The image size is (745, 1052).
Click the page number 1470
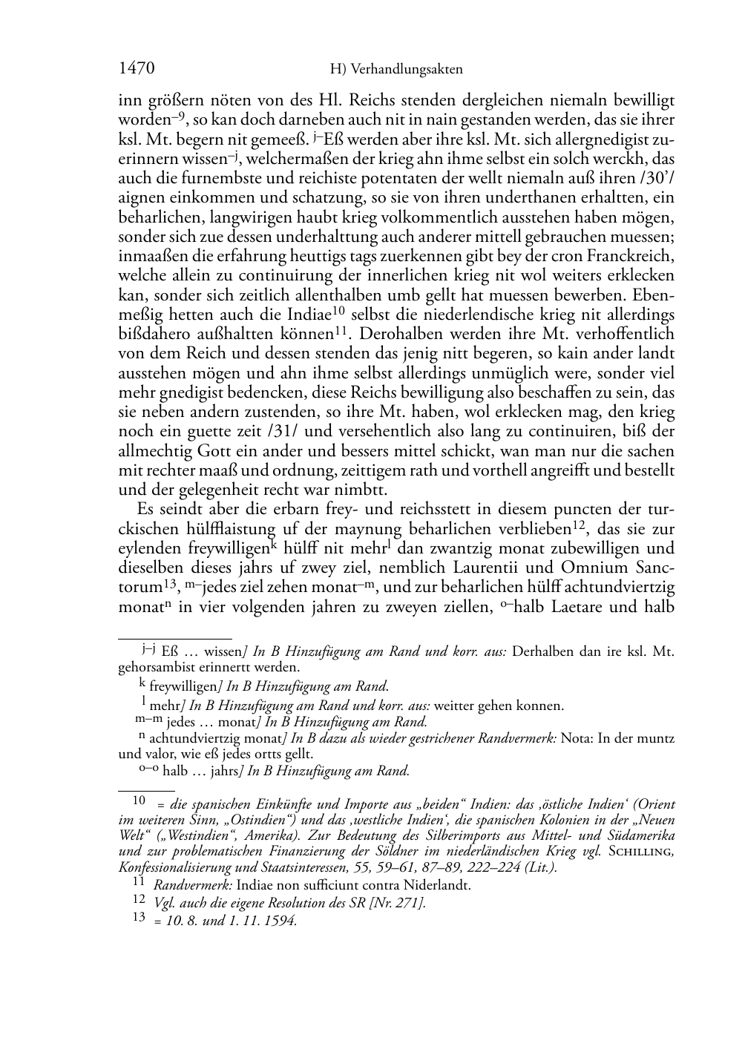point(137,69)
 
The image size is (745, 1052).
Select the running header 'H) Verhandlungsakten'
point(396,70)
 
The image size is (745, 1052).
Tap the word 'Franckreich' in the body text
point(634,257)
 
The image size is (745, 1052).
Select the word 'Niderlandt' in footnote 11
point(435,885)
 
